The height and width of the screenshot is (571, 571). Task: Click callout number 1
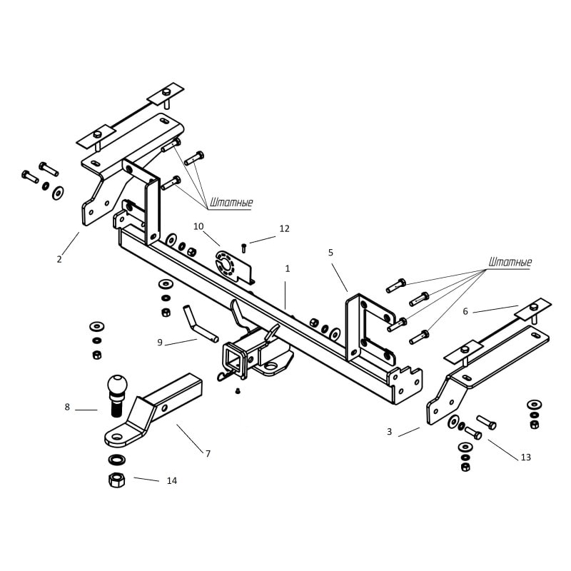point(288,269)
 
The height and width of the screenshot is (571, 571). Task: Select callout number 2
point(59,259)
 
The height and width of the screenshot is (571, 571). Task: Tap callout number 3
point(389,432)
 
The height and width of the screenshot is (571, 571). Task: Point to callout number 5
point(330,253)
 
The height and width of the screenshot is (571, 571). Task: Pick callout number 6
point(465,311)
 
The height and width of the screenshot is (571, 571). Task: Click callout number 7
point(208,453)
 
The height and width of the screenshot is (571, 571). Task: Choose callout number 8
point(67,407)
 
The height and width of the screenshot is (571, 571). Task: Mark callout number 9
point(159,343)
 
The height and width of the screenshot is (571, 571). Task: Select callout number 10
point(198,226)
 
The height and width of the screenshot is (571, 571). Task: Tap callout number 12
point(284,228)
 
